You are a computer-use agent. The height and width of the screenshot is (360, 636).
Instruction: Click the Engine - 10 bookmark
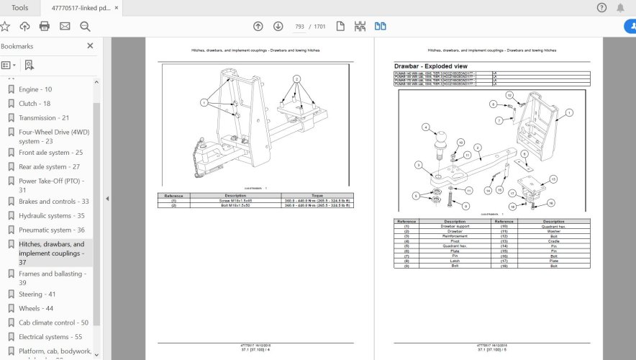[x=35, y=89]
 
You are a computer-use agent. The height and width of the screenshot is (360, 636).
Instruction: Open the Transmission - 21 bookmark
[x=43, y=117]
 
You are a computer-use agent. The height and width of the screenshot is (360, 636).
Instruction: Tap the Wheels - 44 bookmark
[x=36, y=308]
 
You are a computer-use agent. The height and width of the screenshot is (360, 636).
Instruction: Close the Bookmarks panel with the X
[x=90, y=45]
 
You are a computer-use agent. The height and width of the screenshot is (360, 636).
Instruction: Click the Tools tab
[x=20, y=7]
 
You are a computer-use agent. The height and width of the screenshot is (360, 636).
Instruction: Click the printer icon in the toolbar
[x=45, y=26]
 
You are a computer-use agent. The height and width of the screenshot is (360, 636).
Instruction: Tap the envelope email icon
[x=65, y=26]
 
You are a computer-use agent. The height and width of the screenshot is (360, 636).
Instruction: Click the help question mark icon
[x=601, y=7]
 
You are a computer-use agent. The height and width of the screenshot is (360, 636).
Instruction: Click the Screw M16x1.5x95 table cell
[x=235, y=200]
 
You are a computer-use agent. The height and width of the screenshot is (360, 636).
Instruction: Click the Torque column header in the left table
[x=317, y=195]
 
